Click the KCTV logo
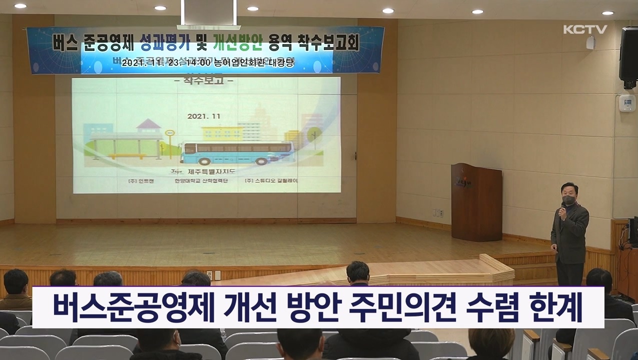click(x=585, y=29)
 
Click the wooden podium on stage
click(x=476, y=202)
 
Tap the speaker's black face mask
click(x=568, y=199)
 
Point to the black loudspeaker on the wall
click(x=628, y=55)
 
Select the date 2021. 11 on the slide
click(x=204, y=116)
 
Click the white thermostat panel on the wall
click(x=626, y=103)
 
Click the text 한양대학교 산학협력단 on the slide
click(x=199, y=180)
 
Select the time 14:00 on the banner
click(x=200, y=62)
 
